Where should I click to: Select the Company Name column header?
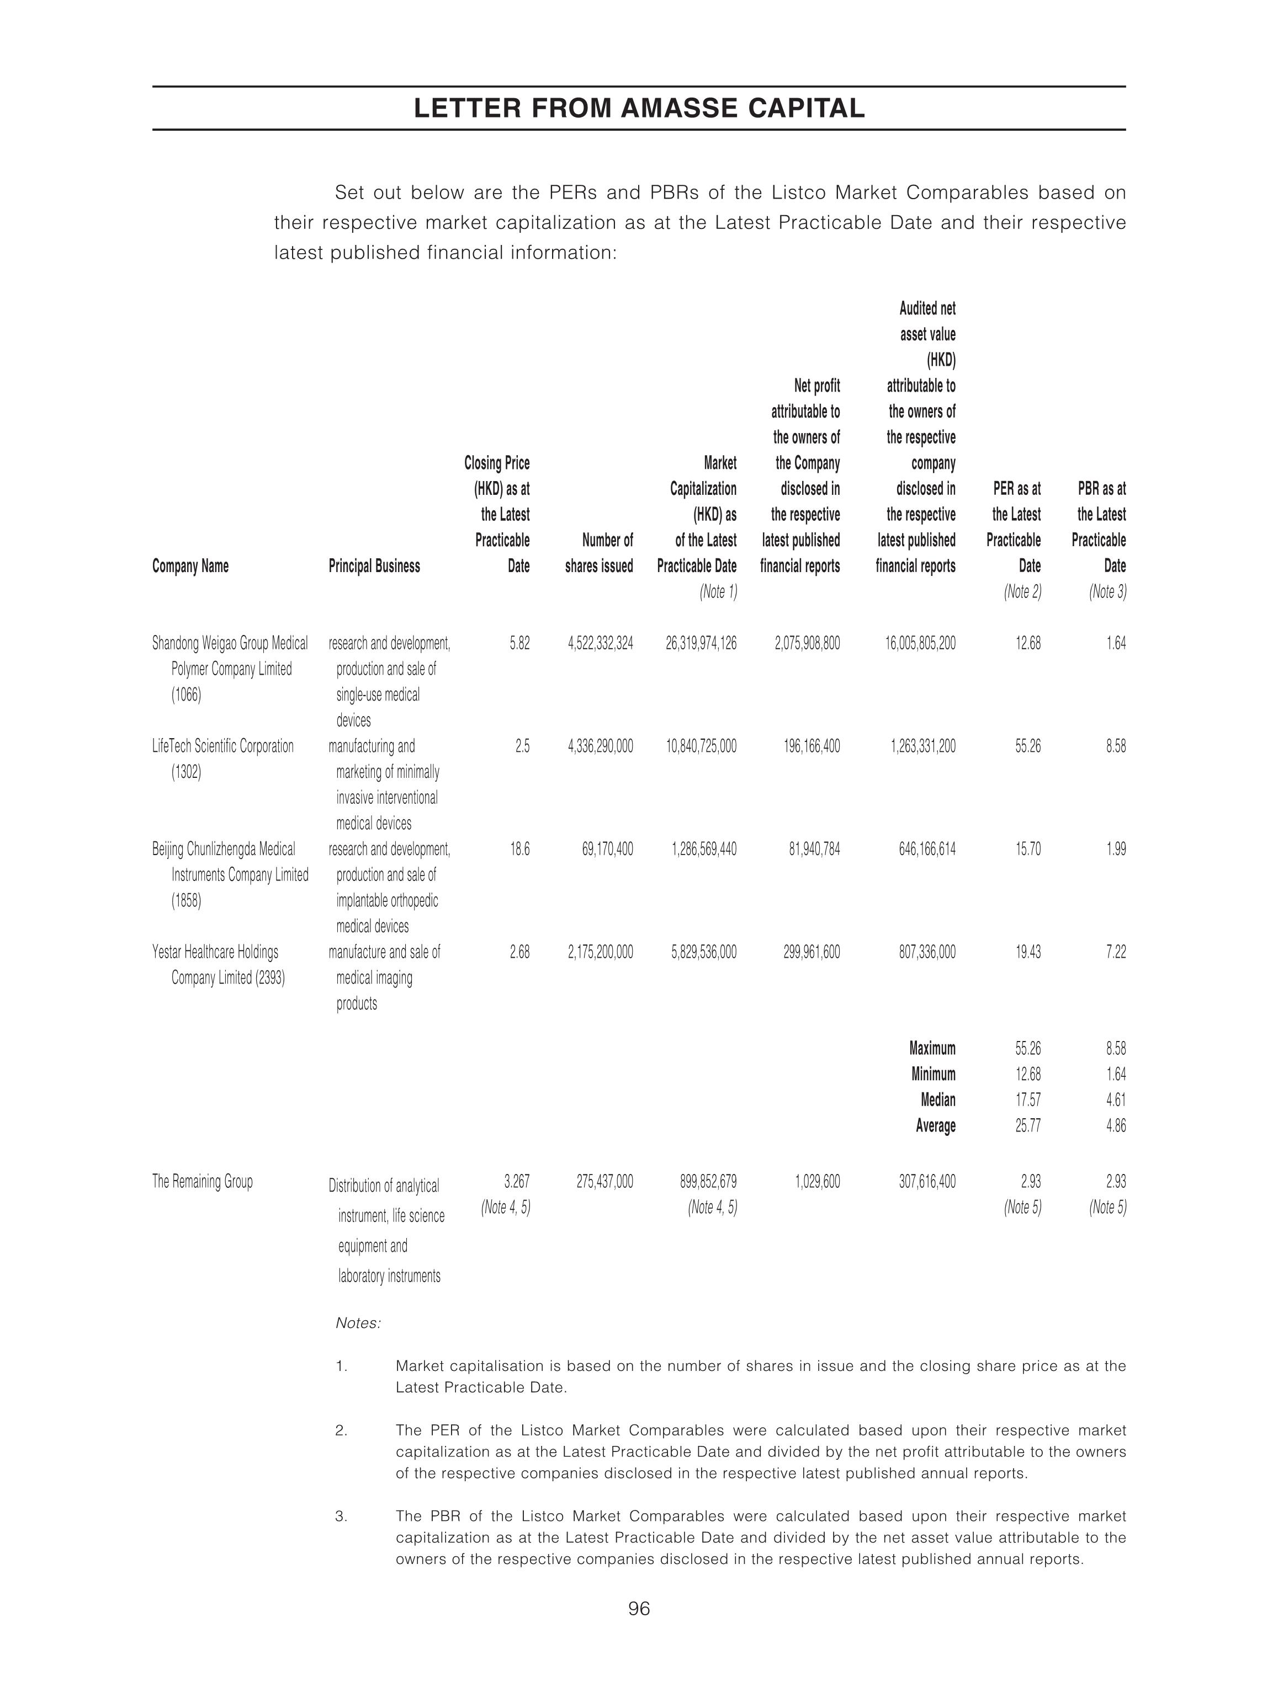pyautogui.click(x=190, y=566)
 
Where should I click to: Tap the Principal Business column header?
pyautogui.click(x=374, y=566)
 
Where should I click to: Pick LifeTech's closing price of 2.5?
pyautogui.click(x=522, y=746)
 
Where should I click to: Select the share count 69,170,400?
pyautogui.click(x=607, y=849)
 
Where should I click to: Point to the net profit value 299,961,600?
pyautogui.click(x=807, y=952)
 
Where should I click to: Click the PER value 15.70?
pyautogui.click(x=1027, y=849)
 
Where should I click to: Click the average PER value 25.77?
pyautogui.click(x=1027, y=1125)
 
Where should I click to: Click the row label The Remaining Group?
pyautogui.click(x=202, y=1181)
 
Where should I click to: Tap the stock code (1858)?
pyautogui.click(x=185, y=900)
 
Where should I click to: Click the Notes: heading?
pyautogui.click(x=358, y=1323)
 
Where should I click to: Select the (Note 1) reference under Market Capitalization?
pyautogui.click(x=718, y=591)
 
